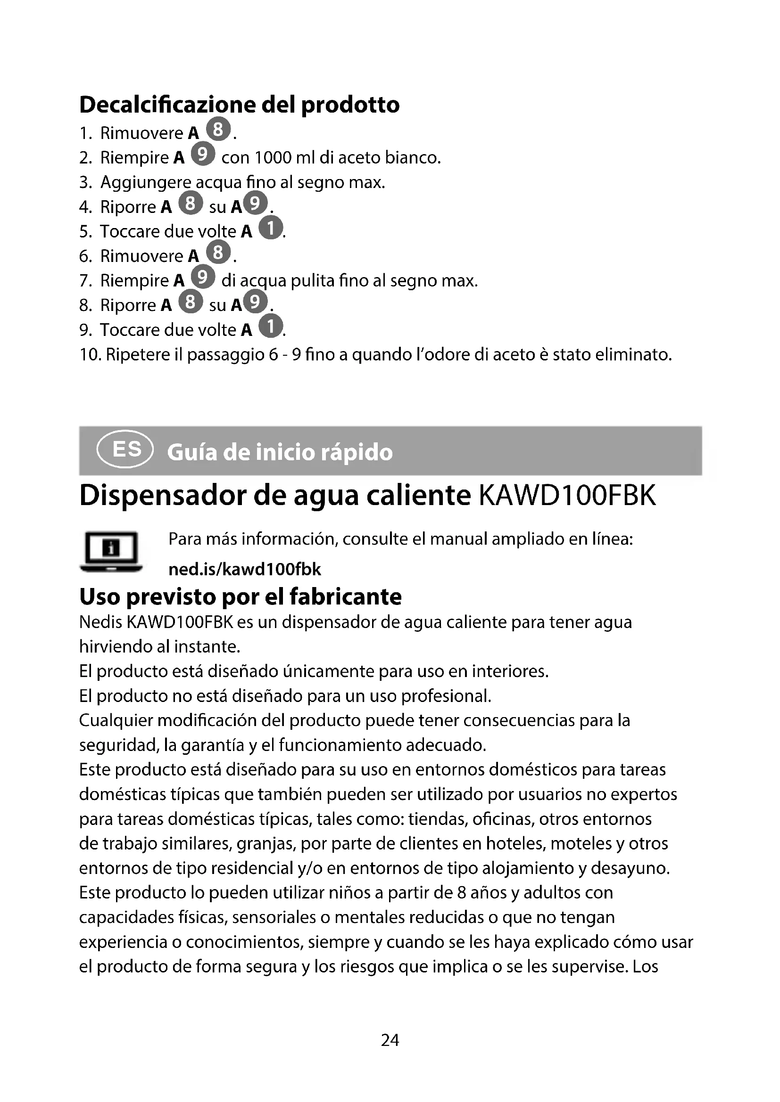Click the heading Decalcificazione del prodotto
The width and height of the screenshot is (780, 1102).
tap(239, 105)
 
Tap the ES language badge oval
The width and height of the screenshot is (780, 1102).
tap(125, 450)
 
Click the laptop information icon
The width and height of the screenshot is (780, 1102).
tap(111, 552)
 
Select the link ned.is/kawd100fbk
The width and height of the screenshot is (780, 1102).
tap(244, 569)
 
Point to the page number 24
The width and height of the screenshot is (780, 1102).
tap(390, 1040)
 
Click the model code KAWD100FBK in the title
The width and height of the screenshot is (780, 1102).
tap(567, 495)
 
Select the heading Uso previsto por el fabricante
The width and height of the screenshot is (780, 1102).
tap(240, 596)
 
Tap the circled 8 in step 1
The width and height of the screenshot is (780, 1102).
tap(218, 129)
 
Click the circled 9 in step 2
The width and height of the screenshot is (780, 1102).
tap(203, 154)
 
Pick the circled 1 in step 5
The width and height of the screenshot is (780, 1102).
tap(271, 228)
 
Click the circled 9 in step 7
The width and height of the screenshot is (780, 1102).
tap(203, 277)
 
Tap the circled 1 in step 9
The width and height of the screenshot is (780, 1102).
tap(271, 327)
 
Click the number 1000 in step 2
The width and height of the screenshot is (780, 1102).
tap(273, 157)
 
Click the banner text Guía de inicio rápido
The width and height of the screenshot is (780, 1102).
tap(280, 452)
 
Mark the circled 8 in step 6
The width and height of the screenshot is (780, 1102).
tap(218, 253)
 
